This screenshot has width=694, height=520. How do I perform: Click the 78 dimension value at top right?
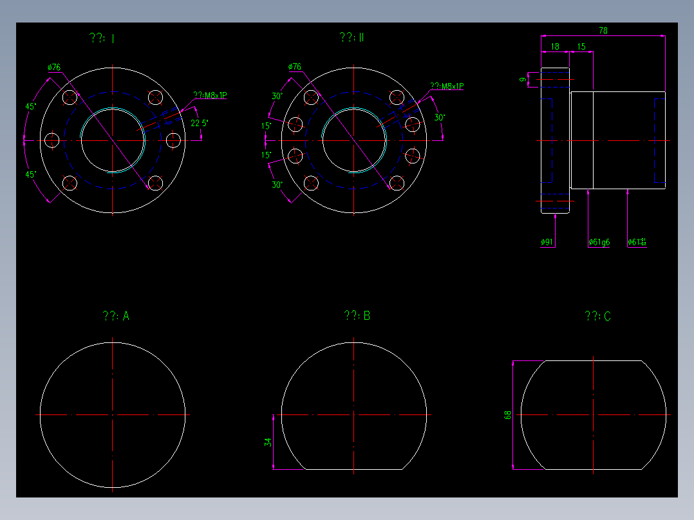603,30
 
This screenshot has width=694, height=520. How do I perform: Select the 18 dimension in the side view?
555,46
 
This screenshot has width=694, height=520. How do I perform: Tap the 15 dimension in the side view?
581,46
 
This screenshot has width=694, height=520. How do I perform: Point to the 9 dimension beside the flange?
522,79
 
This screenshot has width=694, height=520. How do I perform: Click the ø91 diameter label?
547,242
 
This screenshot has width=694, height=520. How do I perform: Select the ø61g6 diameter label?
599,242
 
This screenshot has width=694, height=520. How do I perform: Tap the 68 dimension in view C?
508,416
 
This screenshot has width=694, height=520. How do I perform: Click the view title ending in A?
116,316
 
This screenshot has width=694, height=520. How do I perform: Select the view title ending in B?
357,316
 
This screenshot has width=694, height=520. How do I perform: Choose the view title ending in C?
597,316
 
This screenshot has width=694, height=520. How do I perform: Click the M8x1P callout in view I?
210,95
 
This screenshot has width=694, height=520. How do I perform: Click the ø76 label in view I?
54,67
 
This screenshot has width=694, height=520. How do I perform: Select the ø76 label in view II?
295,67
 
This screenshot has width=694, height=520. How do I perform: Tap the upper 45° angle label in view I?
30,106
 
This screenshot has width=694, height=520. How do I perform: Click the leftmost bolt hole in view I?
52,140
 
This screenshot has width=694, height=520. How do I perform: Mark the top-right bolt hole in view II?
396,97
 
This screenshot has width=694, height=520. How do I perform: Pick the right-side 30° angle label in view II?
439,118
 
